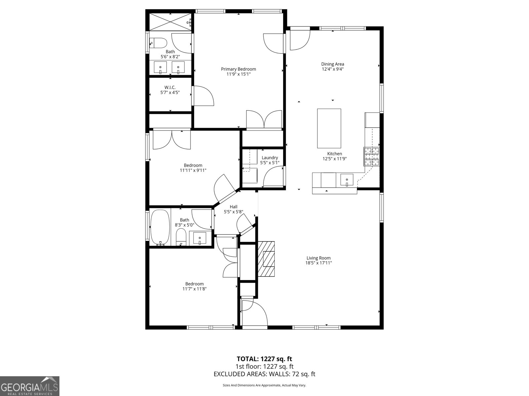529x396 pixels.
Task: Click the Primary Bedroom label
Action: pyautogui.click(x=238, y=69)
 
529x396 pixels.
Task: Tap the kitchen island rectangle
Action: pyautogui.click(x=329, y=128)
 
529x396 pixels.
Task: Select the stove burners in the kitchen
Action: pyautogui.click(x=372, y=156)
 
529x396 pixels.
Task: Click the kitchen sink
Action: pyautogui.click(x=347, y=180)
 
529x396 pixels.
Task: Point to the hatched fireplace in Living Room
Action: pyautogui.click(x=266, y=259)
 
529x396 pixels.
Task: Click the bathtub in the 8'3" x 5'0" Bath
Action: pyautogui.click(x=160, y=228)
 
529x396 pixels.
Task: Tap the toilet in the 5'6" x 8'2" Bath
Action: pyautogui.click(x=158, y=43)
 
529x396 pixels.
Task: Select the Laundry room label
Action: pyautogui.click(x=270, y=158)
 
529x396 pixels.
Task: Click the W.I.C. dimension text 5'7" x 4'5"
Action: pyautogui.click(x=170, y=92)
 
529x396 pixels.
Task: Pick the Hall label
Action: pyautogui.click(x=233, y=207)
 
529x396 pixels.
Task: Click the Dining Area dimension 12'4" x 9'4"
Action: pyautogui.click(x=333, y=69)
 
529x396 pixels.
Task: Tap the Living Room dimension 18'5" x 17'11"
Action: pyautogui.click(x=318, y=263)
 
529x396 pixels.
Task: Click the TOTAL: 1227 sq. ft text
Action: pyautogui.click(x=264, y=359)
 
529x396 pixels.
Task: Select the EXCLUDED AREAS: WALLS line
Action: pyautogui.click(x=264, y=374)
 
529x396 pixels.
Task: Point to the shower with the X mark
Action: pyautogui.click(x=170, y=22)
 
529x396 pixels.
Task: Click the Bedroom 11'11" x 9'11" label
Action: pyautogui.click(x=193, y=165)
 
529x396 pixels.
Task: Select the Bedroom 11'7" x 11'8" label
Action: pyautogui.click(x=194, y=284)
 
